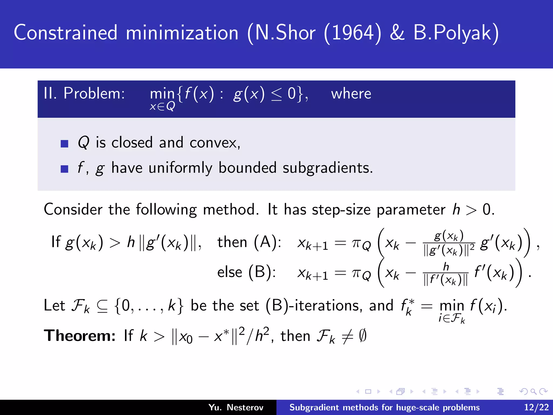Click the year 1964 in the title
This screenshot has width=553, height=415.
[x=352, y=33]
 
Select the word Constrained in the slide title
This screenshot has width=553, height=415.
[x=66, y=33]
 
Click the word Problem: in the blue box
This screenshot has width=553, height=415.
[x=94, y=94]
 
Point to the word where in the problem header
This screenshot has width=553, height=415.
[x=351, y=94]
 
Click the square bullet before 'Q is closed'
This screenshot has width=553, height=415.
[x=65, y=143]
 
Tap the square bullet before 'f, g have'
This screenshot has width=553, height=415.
[x=65, y=169]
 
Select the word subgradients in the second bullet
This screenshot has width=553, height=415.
[x=328, y=168]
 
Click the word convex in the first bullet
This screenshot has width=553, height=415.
[x=214, y=143]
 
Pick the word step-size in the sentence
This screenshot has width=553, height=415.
[x=341, y=210]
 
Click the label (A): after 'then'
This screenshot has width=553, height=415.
[x=268, y=242]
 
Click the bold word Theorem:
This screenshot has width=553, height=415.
[x=80, y=336]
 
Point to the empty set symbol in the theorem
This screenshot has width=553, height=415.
[x=363, y=336]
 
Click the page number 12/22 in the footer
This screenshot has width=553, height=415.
[x=536, y=407]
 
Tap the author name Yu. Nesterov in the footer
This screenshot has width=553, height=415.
[x=236, y=407]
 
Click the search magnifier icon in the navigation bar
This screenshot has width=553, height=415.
[x=533, y=391]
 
